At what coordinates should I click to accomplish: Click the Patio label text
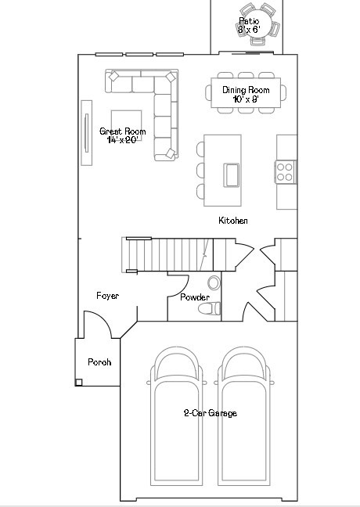click(x=248, y=20)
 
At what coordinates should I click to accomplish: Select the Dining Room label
click(x=246, y=90)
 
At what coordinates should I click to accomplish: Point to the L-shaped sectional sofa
click(x=162, y=110)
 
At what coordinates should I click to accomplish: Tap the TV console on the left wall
click(x=86, y=132)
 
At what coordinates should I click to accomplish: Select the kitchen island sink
click(x=232, y=174)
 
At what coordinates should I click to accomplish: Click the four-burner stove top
click(x=286, y=171)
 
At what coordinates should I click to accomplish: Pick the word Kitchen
click(x=233, y=221)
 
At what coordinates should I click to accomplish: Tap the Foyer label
click(x=107, y=296)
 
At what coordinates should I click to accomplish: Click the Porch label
click(x=99, y=362)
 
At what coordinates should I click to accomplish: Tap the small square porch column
click(x=79, y=383)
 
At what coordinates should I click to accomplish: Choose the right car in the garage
click(x=247, y=415)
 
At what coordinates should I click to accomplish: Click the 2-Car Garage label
click(x=210, y=413)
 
